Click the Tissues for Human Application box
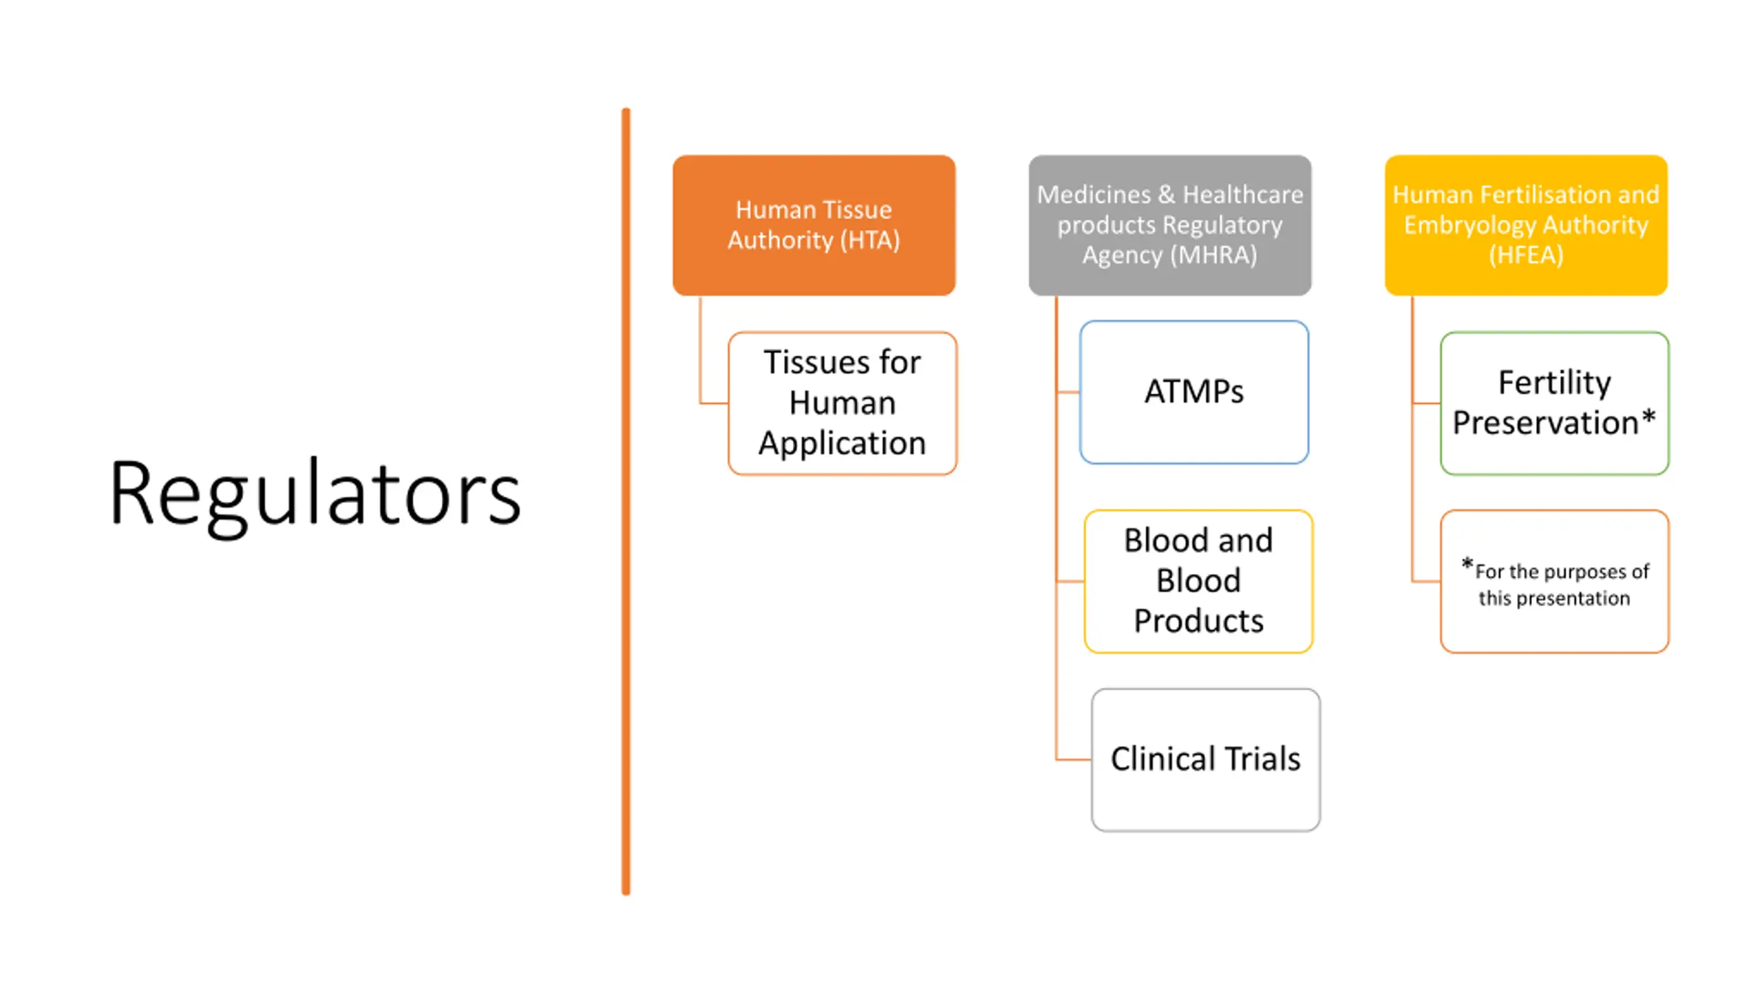842,403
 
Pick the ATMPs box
1193,392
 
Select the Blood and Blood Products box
1198,581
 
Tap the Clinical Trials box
1205,760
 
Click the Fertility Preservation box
1554,403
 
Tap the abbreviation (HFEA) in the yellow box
1526,255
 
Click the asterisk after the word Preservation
1648,418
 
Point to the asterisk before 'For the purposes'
1467,565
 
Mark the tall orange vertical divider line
626,501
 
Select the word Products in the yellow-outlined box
1198,621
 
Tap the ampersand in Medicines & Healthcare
1166,195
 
